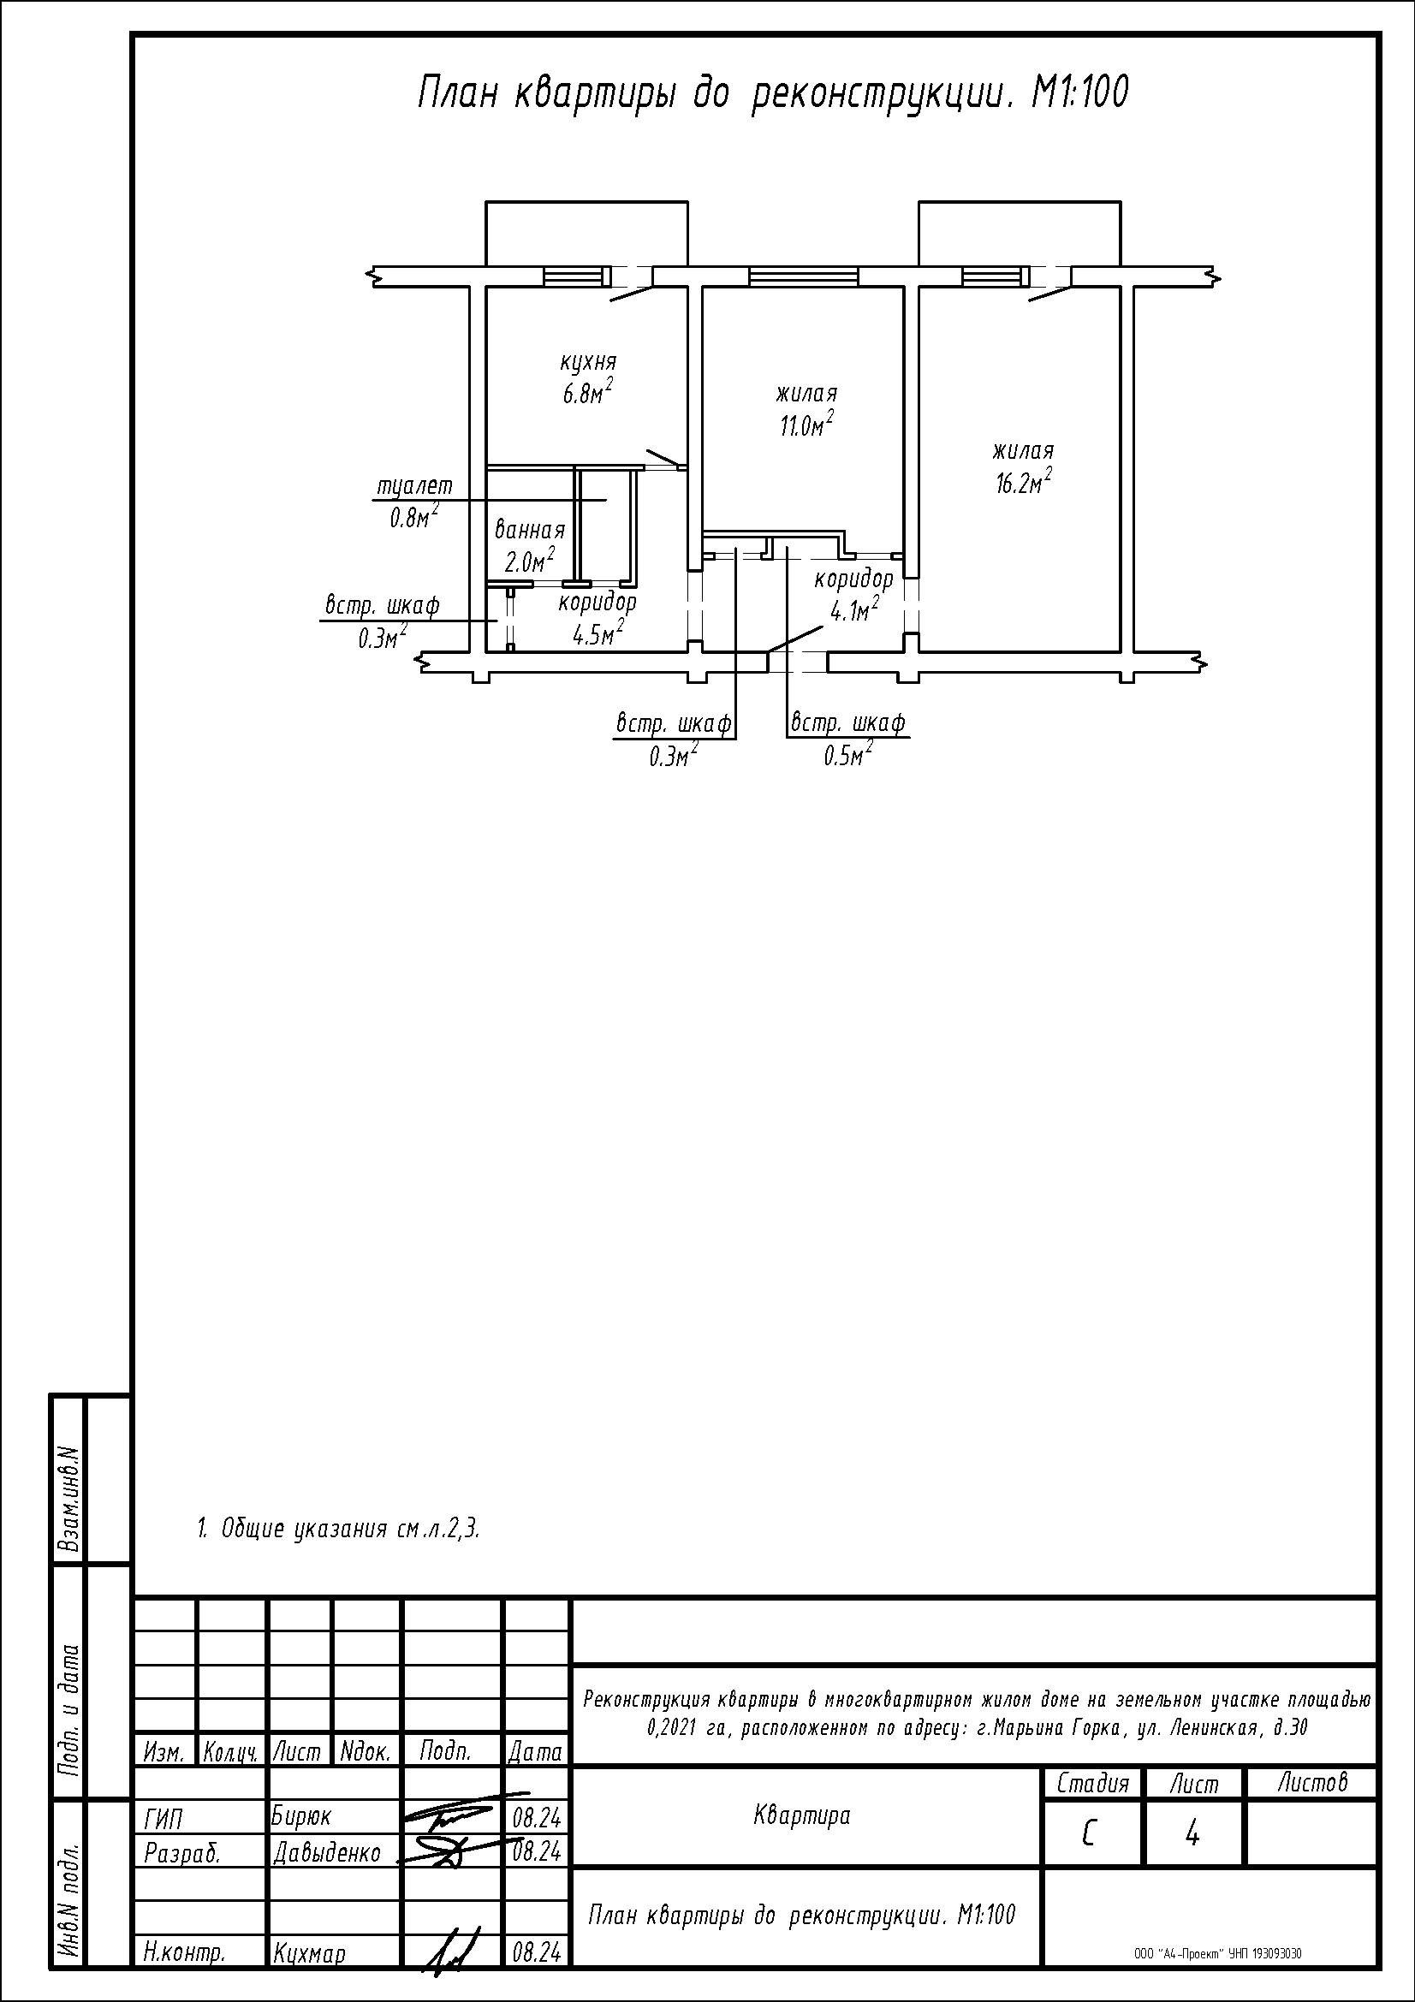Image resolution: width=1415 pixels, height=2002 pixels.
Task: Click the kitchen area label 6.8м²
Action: tap(586, 391)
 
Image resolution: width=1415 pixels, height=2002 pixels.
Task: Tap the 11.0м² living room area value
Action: tap(807, 424)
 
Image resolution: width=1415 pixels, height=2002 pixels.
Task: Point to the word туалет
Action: tap(414, 485)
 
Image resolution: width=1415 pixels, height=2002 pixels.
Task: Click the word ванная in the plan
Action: tap(530, 530)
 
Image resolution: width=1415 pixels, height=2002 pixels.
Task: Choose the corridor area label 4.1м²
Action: tap(855, 610)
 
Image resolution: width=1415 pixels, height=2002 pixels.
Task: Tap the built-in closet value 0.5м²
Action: tap(848, 754)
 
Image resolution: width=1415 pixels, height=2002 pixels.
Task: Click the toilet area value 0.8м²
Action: tap(414, 517)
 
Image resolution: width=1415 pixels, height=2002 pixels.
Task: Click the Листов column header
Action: tap(1313, 1783)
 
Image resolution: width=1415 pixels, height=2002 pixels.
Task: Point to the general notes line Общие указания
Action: tap(339, 1529)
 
